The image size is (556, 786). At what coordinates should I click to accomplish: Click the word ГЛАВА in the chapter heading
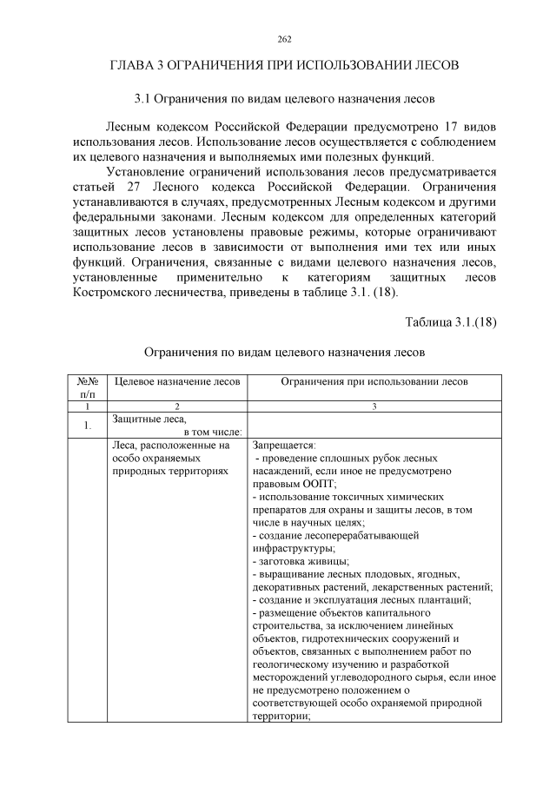click(132, 66)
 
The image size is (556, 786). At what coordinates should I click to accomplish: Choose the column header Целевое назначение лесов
click(177, 381)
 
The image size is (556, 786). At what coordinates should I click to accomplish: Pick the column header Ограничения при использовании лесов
click(374, 381)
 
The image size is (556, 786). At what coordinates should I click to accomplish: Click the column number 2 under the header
click(177, 406)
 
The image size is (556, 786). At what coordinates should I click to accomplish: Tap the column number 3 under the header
click(374, 406)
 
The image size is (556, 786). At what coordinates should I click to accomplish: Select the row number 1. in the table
click(88, 426)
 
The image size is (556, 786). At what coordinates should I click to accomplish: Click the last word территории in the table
click(281, 717)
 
